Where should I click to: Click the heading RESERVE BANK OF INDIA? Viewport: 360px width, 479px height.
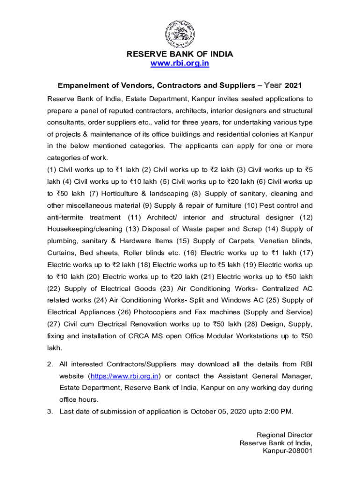[x=180, y=54]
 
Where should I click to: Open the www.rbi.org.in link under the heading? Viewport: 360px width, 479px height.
[x=180, y=64]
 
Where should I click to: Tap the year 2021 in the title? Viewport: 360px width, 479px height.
[x=294, y=86]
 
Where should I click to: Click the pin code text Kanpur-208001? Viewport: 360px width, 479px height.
[x=288, y=451]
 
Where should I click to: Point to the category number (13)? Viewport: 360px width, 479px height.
[x=133, y=229]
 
